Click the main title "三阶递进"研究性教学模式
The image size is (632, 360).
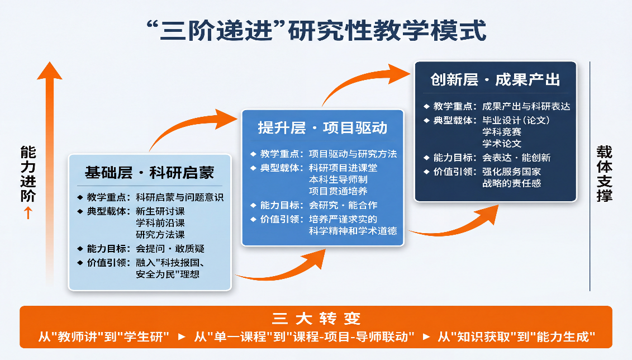(316, 30)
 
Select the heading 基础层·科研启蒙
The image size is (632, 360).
(150, 173)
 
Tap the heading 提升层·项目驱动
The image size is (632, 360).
(322, 128)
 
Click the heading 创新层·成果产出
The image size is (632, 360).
(495, 80)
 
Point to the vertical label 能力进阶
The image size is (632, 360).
(28, 174)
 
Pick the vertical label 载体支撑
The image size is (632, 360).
(605, 174)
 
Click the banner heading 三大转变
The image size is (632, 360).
(316, 319)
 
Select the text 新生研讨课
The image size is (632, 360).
(160, 211)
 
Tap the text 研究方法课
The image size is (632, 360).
(160, 235)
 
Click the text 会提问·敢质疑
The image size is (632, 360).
(170, 249)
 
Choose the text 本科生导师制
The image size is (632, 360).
(338, 179)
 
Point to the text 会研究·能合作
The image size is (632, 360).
(343, 205)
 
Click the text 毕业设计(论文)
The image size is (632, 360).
(516, 120)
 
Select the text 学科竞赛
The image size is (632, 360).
(502, 132)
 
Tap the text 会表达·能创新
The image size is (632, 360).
(516, 158)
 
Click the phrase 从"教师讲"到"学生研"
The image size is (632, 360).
(104, 337)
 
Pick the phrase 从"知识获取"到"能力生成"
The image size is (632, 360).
(517, 337)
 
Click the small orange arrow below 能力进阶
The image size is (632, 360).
(28, 212)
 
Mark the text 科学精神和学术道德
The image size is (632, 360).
(353, 231)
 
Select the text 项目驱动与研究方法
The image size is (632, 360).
(353, 154)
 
